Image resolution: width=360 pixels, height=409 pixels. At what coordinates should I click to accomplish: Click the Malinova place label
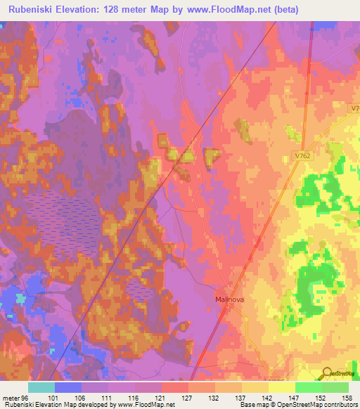(x=230, y=299)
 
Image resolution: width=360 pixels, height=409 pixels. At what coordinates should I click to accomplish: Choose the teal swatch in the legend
(x=41, y=387)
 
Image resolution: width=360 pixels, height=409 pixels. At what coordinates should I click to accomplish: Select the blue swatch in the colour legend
(x=68, y=387)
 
